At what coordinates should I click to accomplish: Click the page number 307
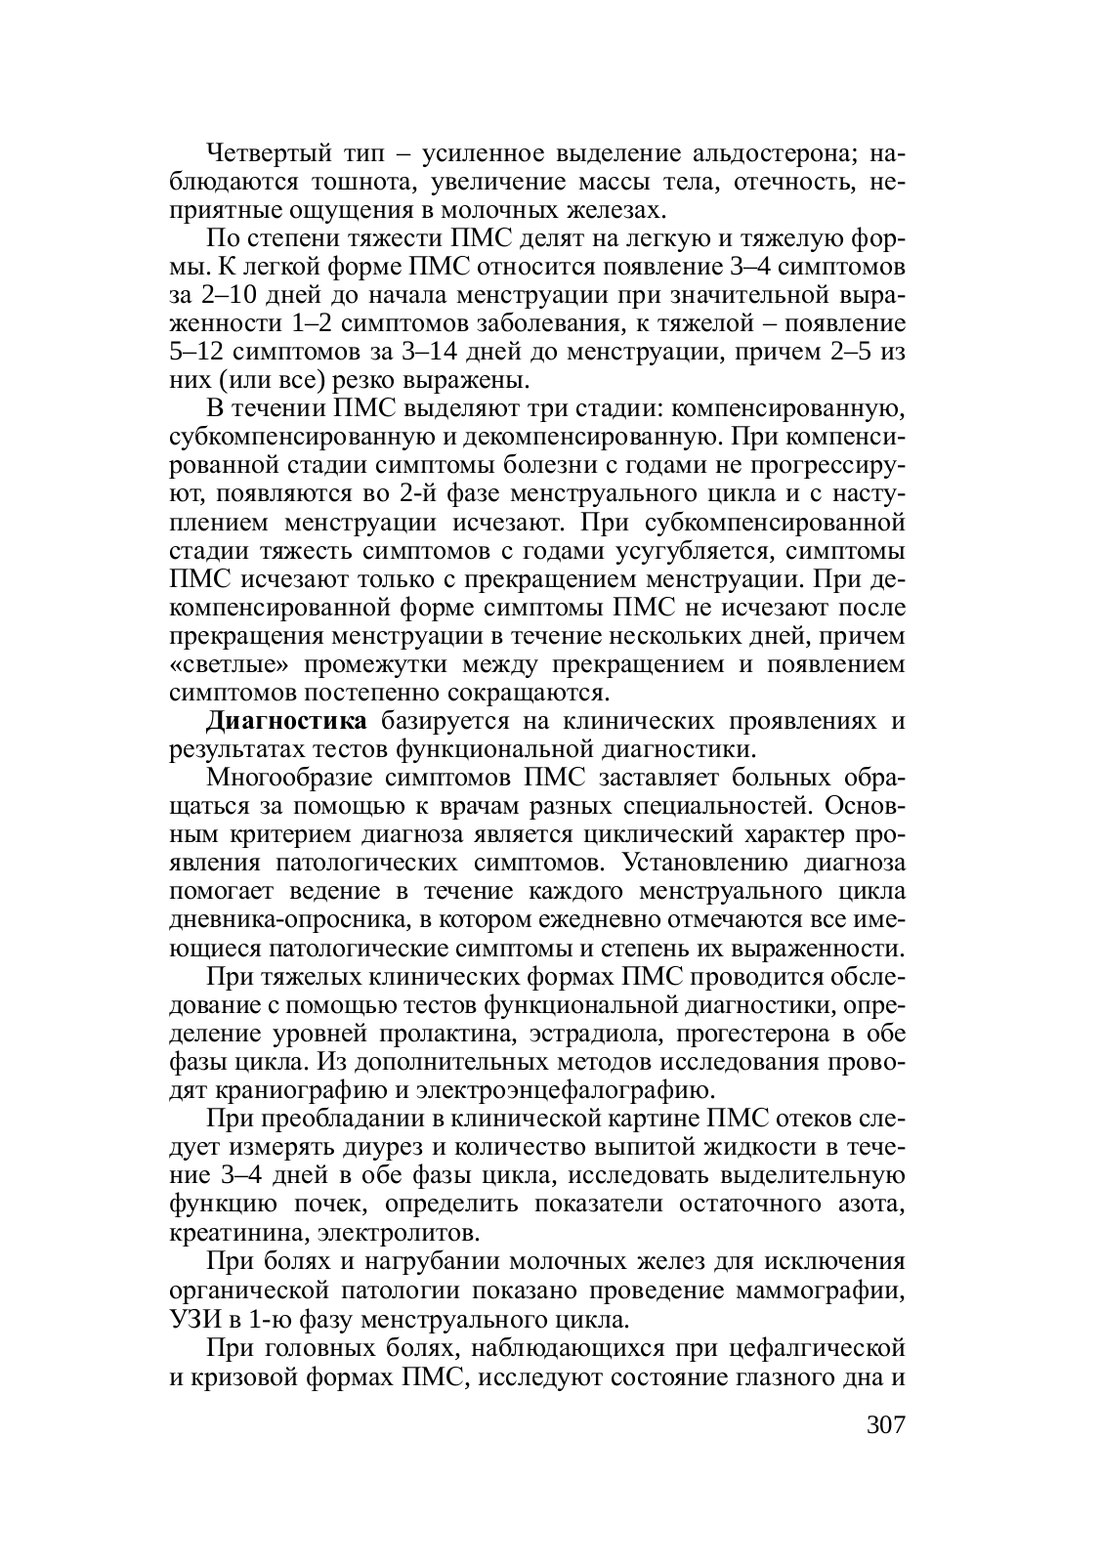[x=886, y=1422]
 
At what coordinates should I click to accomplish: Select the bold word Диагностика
[x=287, y=722]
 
